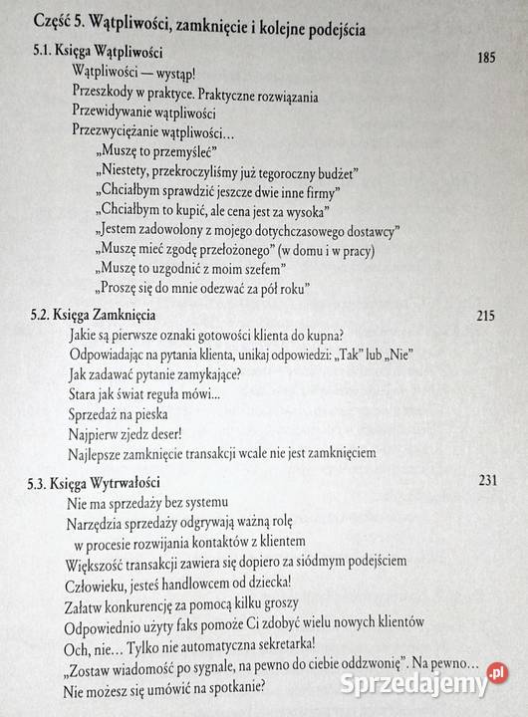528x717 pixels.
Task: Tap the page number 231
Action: tap(487, 483)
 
